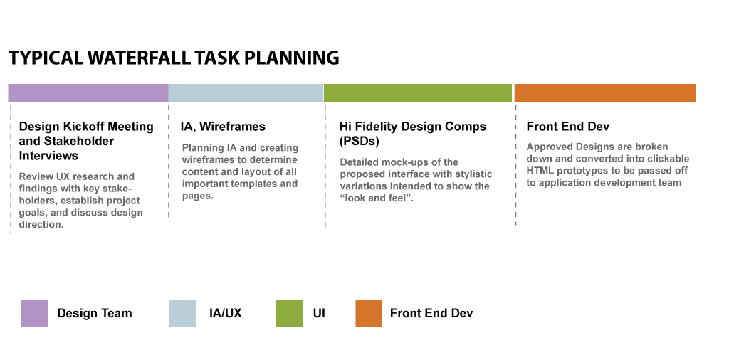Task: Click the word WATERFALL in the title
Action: tap(139, 58)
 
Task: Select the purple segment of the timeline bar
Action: tap(88, 93)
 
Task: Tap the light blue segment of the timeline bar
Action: tap(246, 93)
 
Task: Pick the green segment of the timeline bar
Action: tap(417, 93)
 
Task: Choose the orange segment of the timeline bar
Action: tap(605, 93)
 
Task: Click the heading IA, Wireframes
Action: tap(223, 127)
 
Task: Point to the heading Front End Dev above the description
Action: tap(567, 127)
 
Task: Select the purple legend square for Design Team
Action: tap(34, 313)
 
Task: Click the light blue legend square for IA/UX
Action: tap(183, 313)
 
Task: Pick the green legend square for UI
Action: tap(289, 313)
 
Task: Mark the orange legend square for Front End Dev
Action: tap(369, 313)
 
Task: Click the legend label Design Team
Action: tap(95, 313)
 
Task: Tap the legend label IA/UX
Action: tap(226, 313)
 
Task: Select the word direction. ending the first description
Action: tap(41, 224)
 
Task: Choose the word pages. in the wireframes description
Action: tap(198, 196)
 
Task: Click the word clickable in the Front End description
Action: tap(668, 159)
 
